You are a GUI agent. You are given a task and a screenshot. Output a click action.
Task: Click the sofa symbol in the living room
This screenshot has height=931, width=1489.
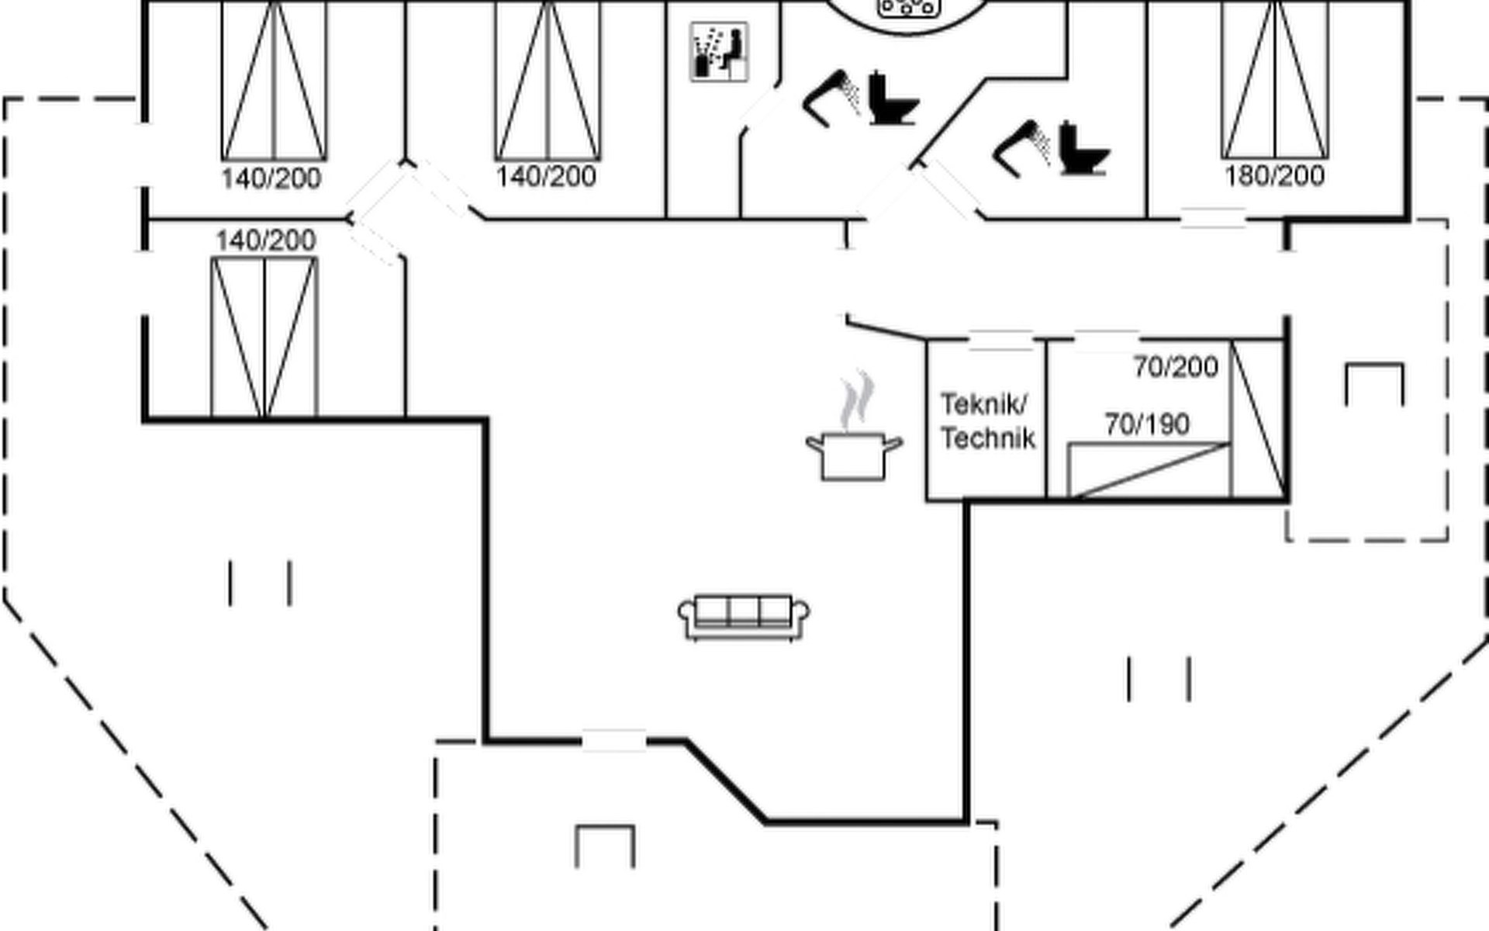[x=744, y=617]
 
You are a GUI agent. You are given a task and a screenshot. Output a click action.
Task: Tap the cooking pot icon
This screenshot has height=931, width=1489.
[x=853, y=456]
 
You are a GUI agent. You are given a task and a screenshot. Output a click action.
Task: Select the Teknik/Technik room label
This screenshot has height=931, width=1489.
[x=987, y=421]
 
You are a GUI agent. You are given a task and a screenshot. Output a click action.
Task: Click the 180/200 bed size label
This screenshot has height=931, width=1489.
[x=1274, y=176]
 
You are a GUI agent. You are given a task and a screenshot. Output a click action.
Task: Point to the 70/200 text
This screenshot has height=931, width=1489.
[x=1176, y=366]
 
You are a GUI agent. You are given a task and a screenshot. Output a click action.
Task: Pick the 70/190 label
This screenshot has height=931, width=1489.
[x=1147, y=424]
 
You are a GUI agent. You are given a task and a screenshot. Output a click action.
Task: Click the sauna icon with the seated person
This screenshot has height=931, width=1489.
[x=719, y=51]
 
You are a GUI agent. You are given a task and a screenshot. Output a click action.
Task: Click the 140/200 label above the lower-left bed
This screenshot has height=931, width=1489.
[x=265, y=241]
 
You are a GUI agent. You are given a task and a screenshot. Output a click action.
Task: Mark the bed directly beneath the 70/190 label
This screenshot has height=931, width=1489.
[x=1148, y=469]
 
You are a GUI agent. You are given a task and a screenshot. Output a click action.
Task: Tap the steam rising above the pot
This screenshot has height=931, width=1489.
[x=857, y=400]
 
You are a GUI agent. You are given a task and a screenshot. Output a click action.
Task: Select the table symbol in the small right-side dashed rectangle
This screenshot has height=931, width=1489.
[x=1374, y=383]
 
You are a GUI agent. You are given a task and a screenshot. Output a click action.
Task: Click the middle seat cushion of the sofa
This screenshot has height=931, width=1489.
[x=743, y=611]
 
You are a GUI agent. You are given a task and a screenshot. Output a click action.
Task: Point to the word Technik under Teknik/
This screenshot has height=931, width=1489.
[x=988, y=439]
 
